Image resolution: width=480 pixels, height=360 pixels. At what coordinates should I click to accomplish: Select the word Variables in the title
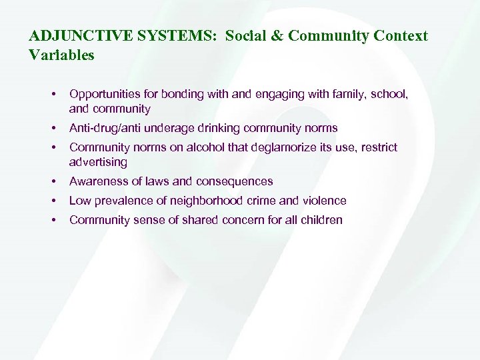[x=62, y=55]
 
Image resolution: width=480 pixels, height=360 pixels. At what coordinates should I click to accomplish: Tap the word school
[x=389, y=95]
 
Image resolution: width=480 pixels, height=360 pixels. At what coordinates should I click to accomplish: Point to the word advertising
[x=98, y=162]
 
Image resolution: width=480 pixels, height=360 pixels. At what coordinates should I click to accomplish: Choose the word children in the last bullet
[x=319, y=220]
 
